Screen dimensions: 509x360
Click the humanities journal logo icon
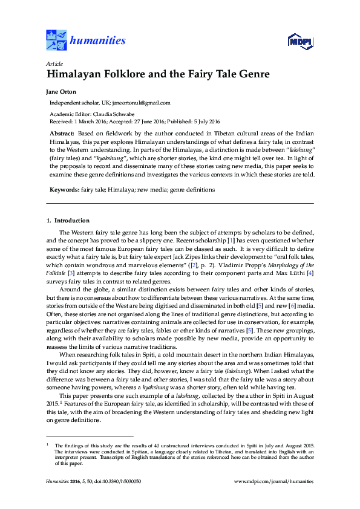coord(56,40)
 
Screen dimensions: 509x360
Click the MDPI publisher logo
coord(300,41)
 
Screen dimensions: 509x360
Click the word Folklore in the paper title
coord(120,75)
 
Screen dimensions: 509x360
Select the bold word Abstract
coord(62,132)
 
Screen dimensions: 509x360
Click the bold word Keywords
coord(64,189)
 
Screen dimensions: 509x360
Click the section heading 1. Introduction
coord(68,221)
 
